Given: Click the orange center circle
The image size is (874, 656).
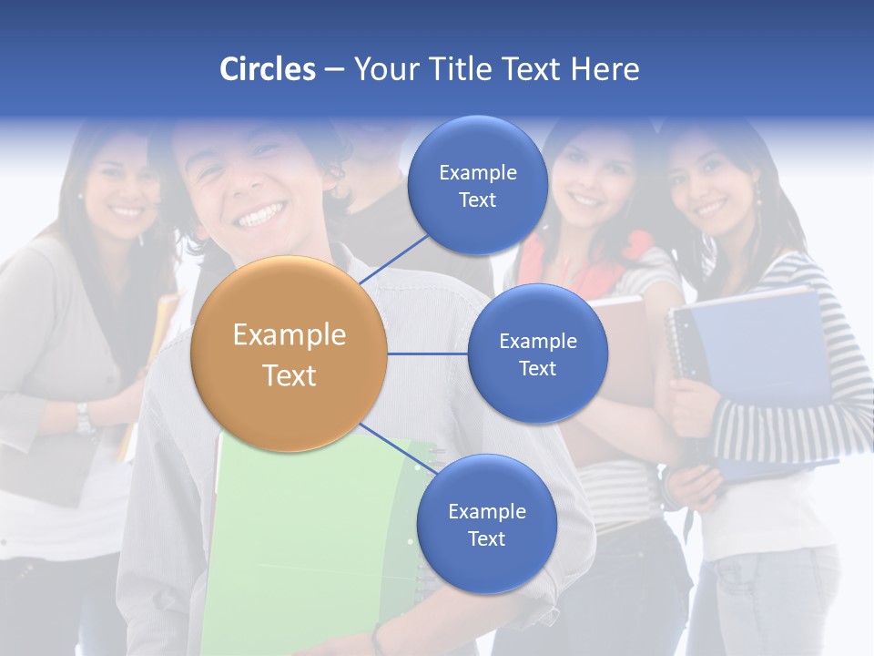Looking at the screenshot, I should (290, 354).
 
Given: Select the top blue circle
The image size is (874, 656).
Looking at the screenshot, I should (477, 185).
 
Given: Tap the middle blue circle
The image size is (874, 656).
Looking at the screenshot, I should (537, 354).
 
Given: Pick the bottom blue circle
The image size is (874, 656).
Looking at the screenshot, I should (486, 524).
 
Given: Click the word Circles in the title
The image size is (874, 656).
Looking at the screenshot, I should (268, 69).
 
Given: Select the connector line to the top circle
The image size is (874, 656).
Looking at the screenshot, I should (393, 258).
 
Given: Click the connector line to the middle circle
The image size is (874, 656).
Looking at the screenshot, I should (427, 354).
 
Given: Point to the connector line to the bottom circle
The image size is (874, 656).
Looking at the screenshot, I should (399, 448).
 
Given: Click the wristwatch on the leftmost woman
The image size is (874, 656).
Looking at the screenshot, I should (84, 416).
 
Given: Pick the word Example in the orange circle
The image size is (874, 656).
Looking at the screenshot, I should (290, 335).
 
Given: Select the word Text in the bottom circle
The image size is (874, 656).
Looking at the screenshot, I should (486, 538).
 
